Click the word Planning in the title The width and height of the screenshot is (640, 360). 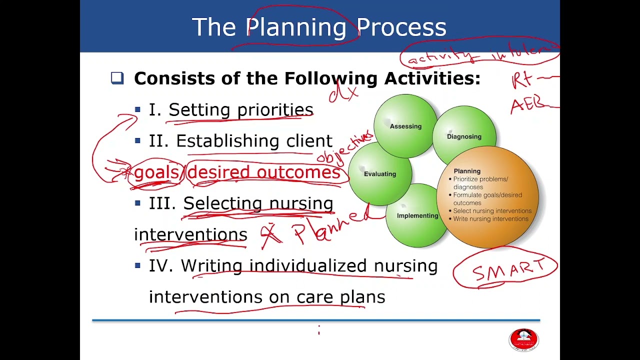[297, 28]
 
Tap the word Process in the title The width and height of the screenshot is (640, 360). [401, 27]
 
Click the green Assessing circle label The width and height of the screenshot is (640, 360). [405, 126]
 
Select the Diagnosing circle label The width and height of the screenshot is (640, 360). [464, 136]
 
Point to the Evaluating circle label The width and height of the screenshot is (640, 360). [380, 174]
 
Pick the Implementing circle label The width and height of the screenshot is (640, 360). [417, 216]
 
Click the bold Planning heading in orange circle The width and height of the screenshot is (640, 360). [467, 171]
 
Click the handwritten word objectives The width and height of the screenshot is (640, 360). [345, 147]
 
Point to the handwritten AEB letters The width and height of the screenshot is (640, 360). [527, 105]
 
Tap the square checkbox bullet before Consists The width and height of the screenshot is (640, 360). [117, 78]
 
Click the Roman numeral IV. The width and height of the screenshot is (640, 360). [160, 266]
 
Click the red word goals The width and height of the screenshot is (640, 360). [156, 172]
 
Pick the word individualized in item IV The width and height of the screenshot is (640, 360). [308, 266]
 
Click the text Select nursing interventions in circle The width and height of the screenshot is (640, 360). [492, 211]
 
